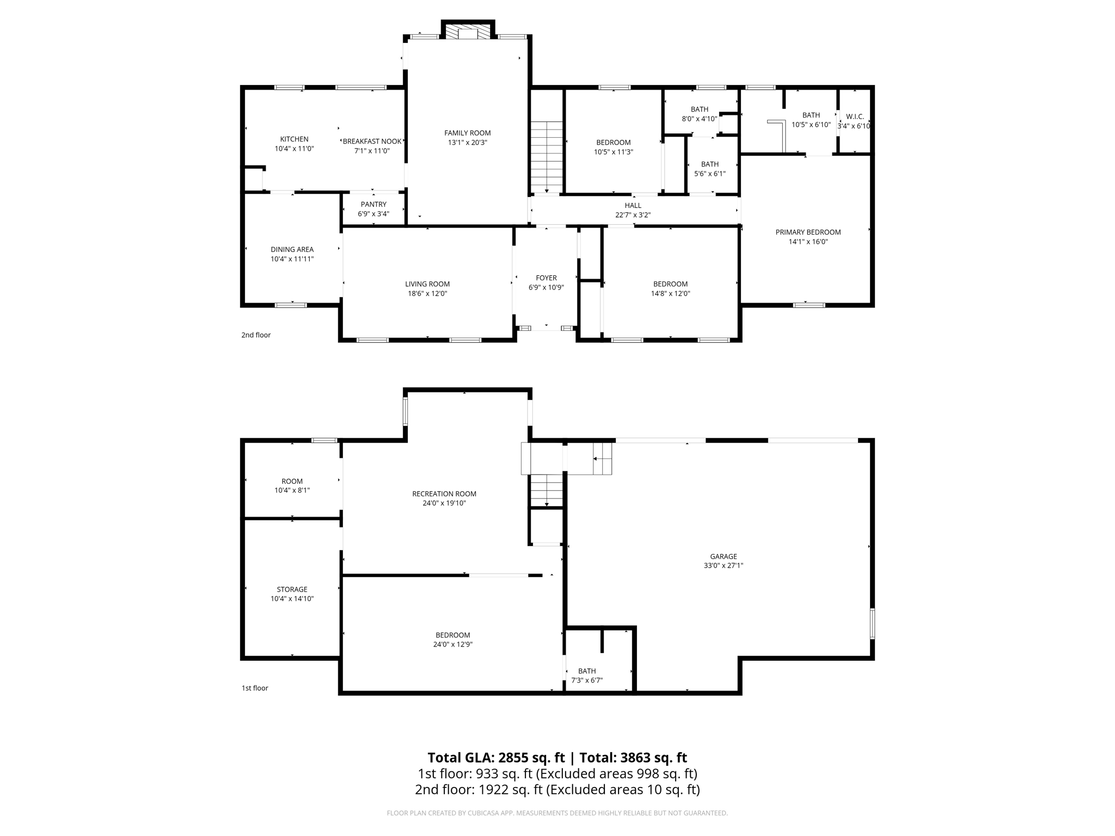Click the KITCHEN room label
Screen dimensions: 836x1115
pyautogui.click(x=294, y=139)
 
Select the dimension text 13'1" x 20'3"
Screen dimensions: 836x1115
pyautogui.click(x=467, y=143)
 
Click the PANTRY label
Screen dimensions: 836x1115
pyautogui.click(x=373, y=205)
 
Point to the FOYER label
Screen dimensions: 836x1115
pyautogui.click(x=546, y=278)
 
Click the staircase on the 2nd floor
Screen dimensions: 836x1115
pyautogui.click(x=547, y=157)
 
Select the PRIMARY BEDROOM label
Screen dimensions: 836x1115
pyautogui.click(x=808, y=232)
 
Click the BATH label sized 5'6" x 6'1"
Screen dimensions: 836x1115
pyautogui.click(x=709, y=164)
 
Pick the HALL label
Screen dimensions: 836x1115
pyautogui.click(x=633, y=206)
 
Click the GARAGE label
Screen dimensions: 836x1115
pyautogui.click(x=723, y=557)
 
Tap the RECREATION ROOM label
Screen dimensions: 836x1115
pyautogui.click(x=444, y=494)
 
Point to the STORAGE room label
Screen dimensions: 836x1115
pyautogui.click(x=292, y=589)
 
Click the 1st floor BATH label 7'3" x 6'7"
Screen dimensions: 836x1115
pyautogui.click(x=587, y=671)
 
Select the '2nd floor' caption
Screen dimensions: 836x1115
pyautogui.click(x=256, y=335)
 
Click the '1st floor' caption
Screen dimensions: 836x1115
pyautogui.click(x=255, y=688)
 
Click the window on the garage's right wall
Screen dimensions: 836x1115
pyautogui.click(x=872, y=623)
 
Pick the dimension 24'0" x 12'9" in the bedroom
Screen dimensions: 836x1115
pyautogui.click(x=452, y=644)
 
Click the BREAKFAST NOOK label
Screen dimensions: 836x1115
pyautogui.click(x=372, y=142)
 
